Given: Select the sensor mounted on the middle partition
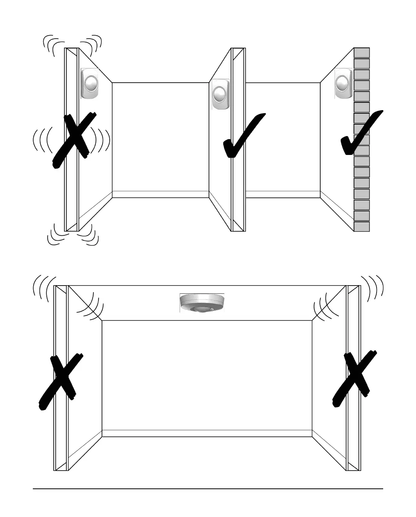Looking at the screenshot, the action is tap(220, 94).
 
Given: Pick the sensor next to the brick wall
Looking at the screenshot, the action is tap(343, 84).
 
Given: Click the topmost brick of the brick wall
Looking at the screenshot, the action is tap(362, 53).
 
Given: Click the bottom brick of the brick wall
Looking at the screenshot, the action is tap(362, 226).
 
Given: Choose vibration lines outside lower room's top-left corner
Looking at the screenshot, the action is tap(42, 288).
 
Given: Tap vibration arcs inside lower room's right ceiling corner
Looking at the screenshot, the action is tap(324, 307).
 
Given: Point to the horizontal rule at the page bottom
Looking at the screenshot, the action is tap(208, 489).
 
